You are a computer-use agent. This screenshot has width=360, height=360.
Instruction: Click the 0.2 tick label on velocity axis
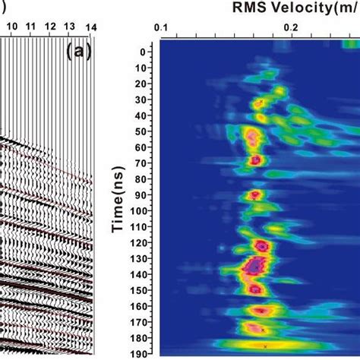(291, 27)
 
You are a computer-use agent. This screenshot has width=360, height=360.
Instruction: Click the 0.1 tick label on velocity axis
(161, 27)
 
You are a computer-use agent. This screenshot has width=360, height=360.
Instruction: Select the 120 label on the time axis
(139, 243)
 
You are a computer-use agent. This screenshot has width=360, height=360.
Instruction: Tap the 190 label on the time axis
(139, 354)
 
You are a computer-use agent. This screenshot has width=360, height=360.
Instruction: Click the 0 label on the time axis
(143, 52)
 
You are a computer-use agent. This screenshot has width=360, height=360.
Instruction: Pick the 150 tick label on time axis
(139, 291)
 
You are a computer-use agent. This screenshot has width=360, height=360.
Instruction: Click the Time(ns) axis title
(118, 200)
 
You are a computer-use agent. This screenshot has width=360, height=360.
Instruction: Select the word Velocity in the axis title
(302, 8)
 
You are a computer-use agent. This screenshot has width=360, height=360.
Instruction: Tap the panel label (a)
(79, 52)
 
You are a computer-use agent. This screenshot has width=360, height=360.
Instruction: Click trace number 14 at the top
(91, 27)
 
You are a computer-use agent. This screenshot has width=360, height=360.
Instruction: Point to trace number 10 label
(12, 27)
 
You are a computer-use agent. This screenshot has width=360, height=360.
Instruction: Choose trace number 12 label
(51, 27)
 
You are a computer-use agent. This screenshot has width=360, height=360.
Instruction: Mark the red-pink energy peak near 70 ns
(255, 160)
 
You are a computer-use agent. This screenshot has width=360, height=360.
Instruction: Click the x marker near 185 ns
(265, 346)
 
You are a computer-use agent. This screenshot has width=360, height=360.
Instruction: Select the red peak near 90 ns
(255, 194)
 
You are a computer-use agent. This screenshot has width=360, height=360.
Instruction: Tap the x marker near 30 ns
(261, 102)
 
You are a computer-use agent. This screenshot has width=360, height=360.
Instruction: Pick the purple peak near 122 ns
(262, 246)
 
